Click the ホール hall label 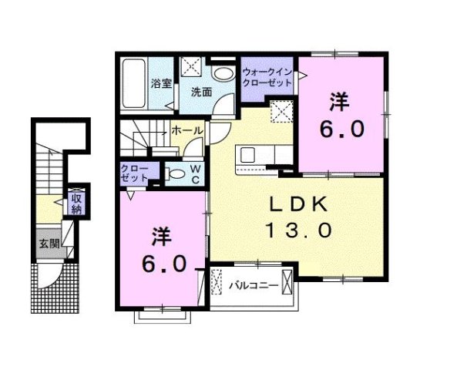[187, 132]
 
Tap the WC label [195, 174]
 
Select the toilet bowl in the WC [173, 174]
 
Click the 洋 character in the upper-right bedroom [338, 101]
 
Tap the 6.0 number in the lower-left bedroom [163, 264]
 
